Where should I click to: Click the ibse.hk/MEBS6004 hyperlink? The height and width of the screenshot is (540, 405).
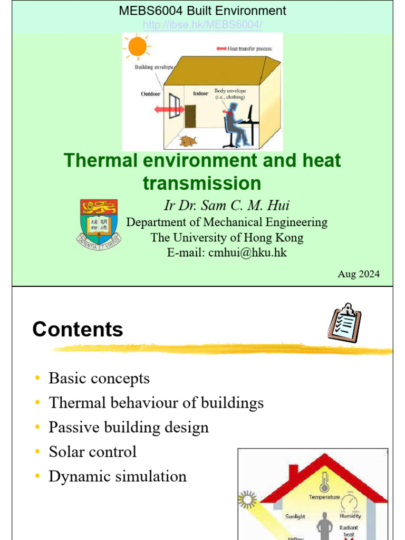202,25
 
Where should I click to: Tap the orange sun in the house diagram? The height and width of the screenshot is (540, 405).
137,46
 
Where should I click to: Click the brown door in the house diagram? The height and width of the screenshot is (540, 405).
190,116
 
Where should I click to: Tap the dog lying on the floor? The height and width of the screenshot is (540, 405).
187,141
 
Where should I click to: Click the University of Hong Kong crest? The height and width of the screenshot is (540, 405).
99,224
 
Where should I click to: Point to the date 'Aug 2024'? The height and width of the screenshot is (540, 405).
358,274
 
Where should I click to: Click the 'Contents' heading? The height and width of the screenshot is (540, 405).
78,330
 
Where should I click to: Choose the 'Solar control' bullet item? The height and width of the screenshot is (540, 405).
92,452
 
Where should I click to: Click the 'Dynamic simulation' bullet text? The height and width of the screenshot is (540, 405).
117,476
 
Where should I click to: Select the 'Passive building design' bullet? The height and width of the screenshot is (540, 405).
128,427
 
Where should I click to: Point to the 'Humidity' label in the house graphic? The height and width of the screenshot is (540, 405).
350,516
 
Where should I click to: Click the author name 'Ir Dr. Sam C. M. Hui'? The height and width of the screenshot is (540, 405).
227,206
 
